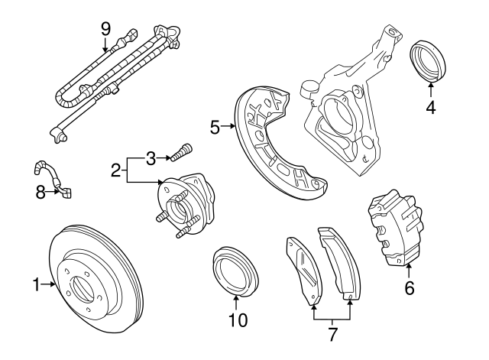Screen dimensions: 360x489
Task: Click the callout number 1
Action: tap(36, 285)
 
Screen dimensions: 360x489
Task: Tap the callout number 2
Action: tap(115, 170)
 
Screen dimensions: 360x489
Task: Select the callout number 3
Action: tap(151, 158)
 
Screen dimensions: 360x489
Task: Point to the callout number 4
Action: tap(431, 108)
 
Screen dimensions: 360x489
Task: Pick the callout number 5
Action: tap(215, 126)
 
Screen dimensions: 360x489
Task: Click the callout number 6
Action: tap(409, 288)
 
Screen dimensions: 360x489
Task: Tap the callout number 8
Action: tap(41, 193)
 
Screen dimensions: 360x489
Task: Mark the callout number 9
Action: tap(106, 28)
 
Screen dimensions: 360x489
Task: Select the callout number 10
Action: tap(238, 320)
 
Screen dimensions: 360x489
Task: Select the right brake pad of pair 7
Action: tap(335, 261)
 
